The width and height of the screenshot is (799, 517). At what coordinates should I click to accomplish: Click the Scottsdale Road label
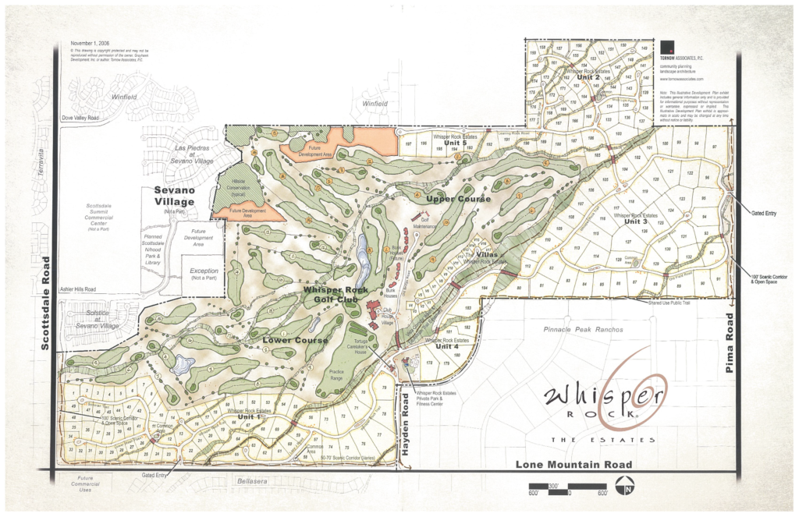[44, 303]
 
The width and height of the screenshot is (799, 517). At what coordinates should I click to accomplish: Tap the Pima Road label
[731, 343]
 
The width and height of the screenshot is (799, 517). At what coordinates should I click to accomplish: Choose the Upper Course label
[458, 200]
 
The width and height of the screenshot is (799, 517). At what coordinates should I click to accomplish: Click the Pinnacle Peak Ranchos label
[584, 330]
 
